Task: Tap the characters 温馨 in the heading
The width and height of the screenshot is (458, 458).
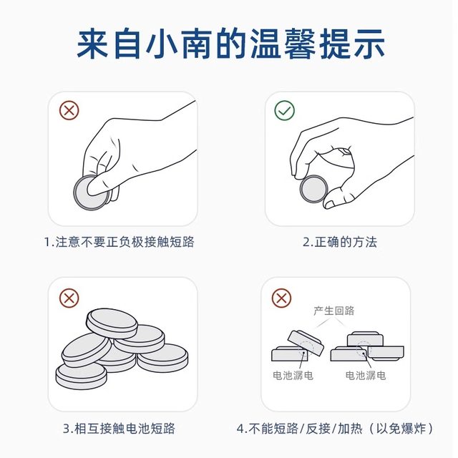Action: pos(290,44)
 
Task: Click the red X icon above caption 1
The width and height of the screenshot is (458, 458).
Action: pos(69,110)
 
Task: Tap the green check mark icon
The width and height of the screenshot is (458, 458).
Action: pos(285,110)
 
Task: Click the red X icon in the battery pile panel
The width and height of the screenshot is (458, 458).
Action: pos(69,297)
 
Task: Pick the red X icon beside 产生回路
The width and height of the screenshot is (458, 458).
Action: pos(282,297)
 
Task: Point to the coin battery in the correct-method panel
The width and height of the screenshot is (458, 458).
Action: pos(313,189)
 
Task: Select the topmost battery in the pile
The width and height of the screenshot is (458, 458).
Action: pos(111,323)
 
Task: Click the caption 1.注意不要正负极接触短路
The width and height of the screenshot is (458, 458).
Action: pos(119,242)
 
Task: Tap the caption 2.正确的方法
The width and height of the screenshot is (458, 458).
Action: pos(339,242)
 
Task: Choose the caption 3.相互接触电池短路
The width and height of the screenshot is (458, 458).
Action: pos(119,429)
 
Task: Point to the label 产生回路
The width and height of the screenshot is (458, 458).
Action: pos(333,311)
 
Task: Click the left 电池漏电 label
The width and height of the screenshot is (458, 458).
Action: pos(293,375)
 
